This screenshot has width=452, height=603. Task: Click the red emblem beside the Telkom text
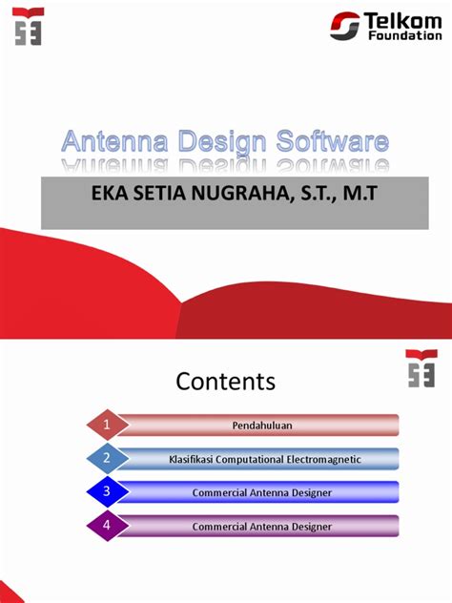pos(345,27)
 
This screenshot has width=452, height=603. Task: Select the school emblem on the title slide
pos(29,26)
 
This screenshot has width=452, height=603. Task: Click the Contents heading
pos(226,383)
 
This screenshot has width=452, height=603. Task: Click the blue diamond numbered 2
pos(108,459)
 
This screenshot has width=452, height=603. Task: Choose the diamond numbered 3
pos(108,492)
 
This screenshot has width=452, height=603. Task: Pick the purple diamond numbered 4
pos(108,526)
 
